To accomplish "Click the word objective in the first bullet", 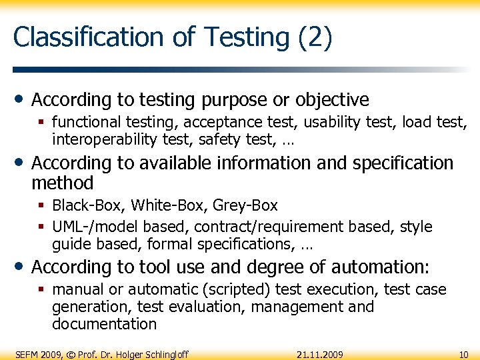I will (x=332, y=100).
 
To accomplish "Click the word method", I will (x=63, y=183).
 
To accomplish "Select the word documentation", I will (x=104, y=324).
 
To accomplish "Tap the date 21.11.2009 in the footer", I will (x=320, y=353).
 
